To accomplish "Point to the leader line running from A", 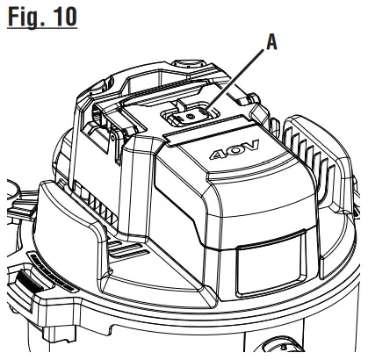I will (242, 77).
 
